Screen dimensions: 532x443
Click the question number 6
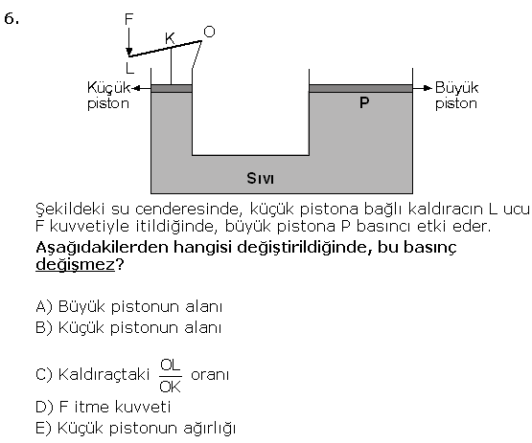12,18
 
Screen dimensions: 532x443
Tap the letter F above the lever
128,19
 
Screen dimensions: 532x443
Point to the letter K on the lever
170,38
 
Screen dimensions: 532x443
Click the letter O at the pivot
209,32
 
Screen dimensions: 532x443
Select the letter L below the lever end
129,68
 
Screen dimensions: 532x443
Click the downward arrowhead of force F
129,52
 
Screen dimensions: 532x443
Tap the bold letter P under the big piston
364,102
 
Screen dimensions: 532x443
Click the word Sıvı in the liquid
260,178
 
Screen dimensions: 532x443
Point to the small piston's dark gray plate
172,88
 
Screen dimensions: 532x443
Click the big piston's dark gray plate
360,88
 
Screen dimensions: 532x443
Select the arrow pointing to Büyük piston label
423,88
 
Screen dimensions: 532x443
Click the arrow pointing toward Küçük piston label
141,88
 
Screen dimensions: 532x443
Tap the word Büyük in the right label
456,87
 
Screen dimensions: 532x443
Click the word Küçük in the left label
108,87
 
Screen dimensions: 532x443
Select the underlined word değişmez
76,264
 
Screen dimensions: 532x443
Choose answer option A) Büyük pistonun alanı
129,306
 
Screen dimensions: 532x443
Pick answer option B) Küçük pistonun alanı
128,328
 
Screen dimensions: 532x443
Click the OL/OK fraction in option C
171,376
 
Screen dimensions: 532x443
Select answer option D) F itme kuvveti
104,407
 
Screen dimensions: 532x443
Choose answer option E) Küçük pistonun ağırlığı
135,429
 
